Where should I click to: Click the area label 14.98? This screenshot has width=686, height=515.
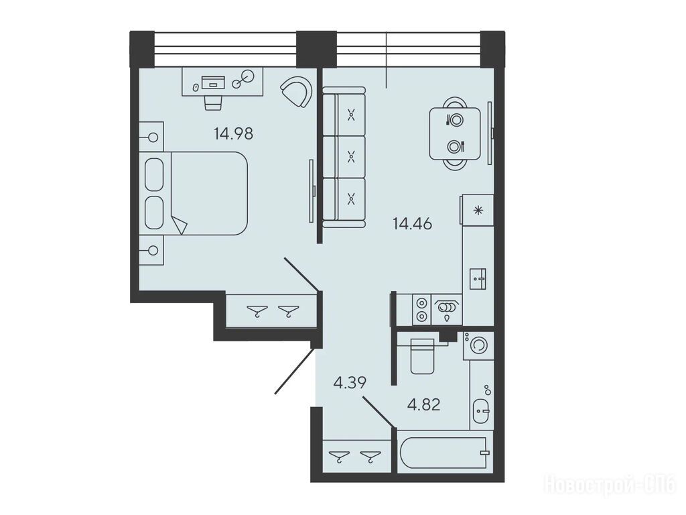click(233, 133)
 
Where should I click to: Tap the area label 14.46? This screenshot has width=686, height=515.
click(412, 224)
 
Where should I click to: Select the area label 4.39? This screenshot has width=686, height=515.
click(350, 383)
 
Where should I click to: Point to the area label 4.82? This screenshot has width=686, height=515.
click(423, 404)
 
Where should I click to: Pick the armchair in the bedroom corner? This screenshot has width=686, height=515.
click(297, 92)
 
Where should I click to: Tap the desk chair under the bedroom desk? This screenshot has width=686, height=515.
click(213, 103)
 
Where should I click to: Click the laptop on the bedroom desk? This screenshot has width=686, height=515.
click(213, 82)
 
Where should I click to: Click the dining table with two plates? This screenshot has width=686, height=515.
click(455, 133)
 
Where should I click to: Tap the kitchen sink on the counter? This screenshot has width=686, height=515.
click(478, 278)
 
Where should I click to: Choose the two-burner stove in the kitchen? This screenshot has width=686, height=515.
click(422, 310)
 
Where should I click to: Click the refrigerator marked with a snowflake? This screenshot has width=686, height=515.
click(477, 210)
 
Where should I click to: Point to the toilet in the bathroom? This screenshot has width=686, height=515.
click(423, 355)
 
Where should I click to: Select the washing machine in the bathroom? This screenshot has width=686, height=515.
click(478, 345)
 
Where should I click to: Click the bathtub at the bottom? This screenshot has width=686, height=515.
click(445, 453)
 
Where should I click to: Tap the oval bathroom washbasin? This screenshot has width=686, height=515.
click(481, 411)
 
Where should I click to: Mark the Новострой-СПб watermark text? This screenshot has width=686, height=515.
click(610, 485)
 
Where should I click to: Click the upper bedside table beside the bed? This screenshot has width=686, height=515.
click(151, 137)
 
